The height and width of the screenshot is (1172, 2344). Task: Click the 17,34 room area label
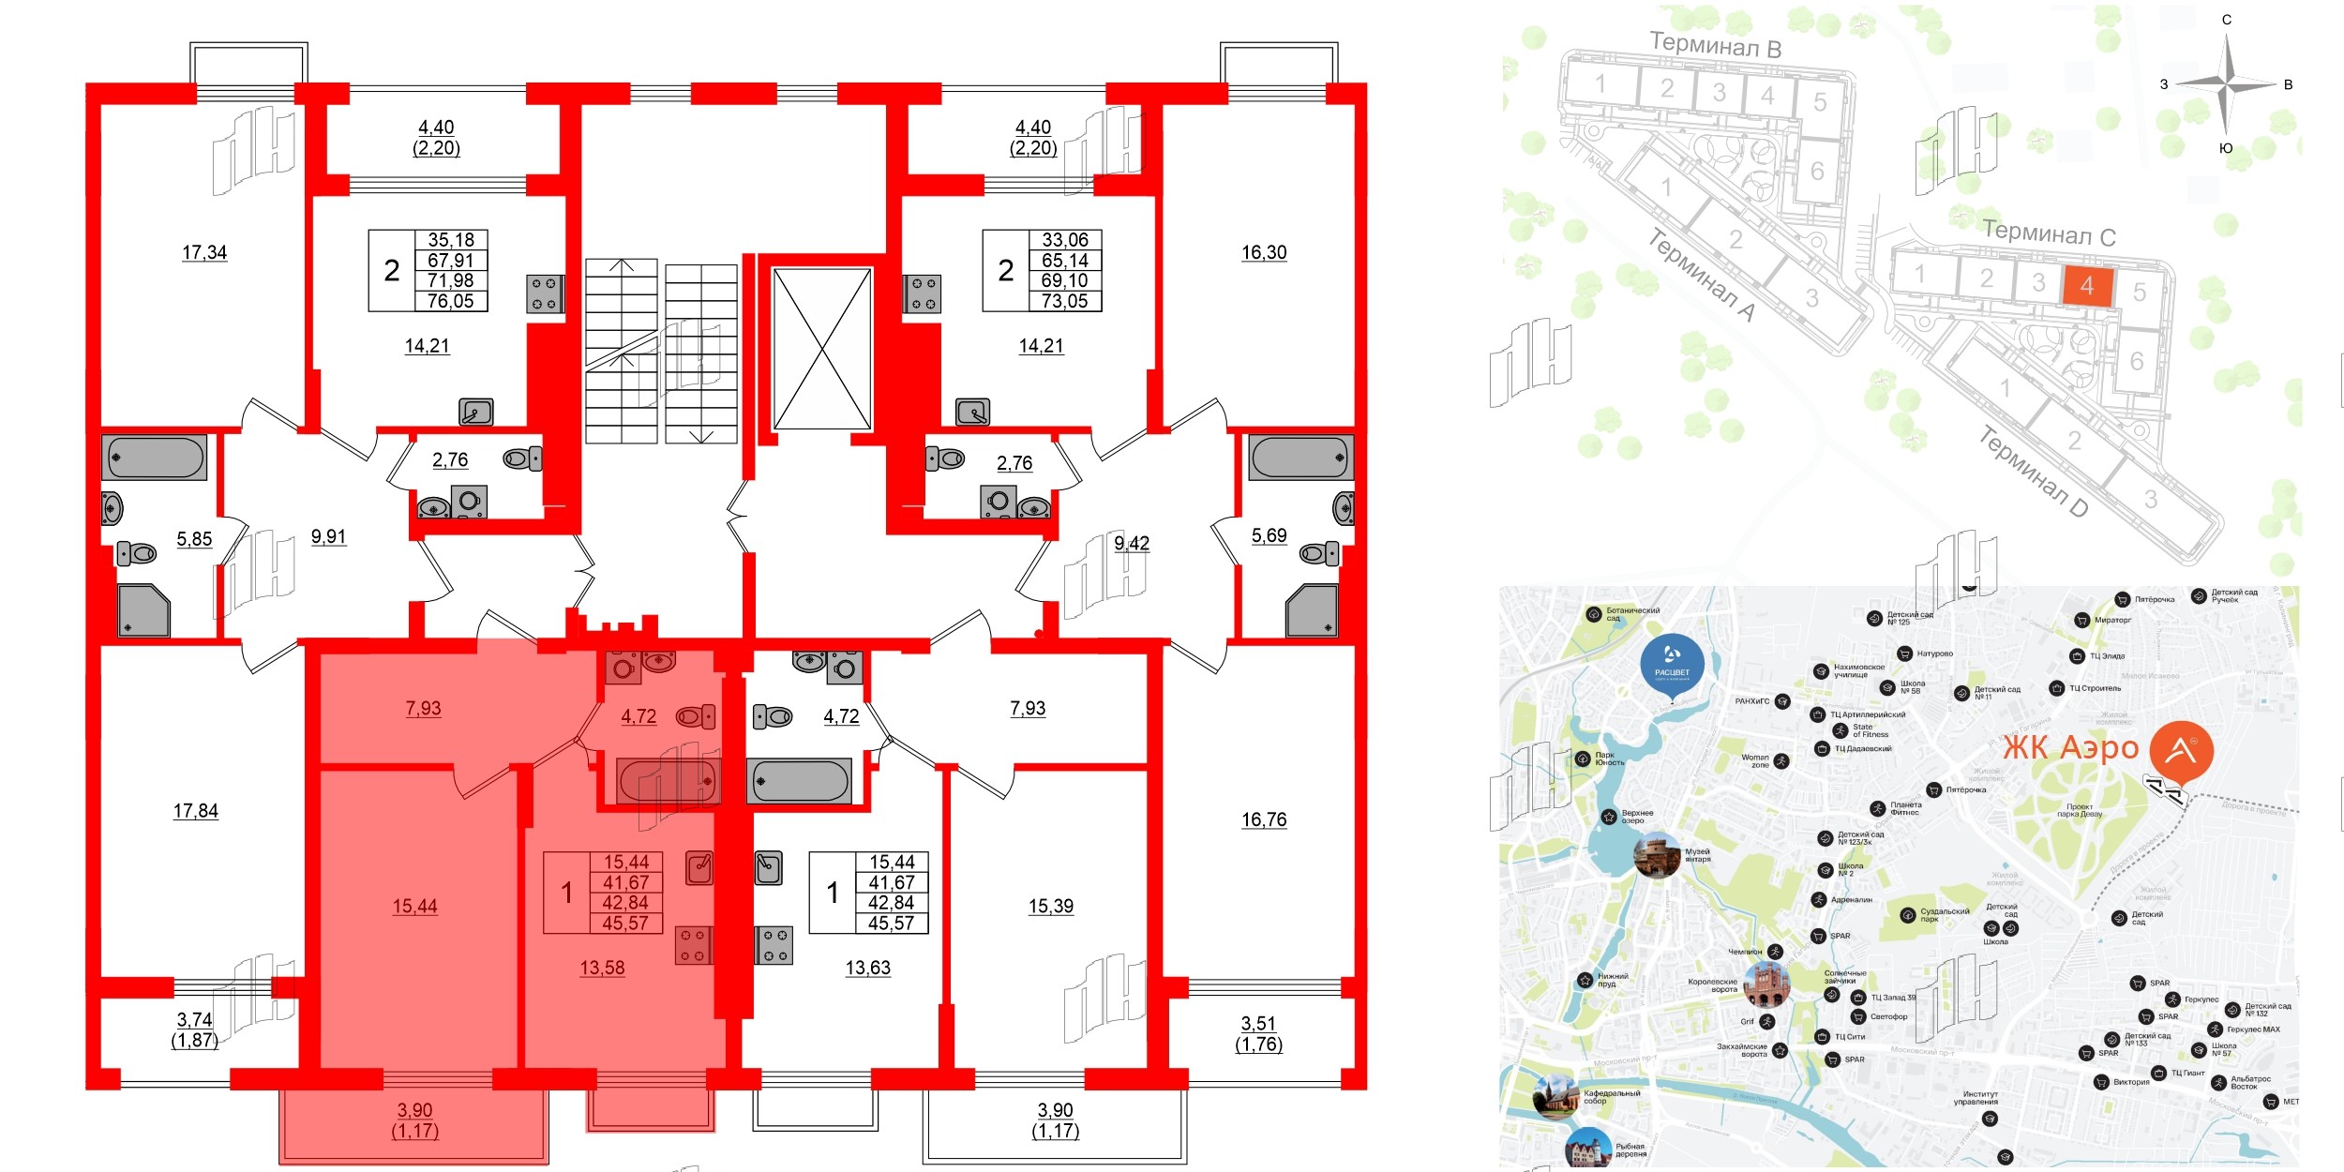[204, 252]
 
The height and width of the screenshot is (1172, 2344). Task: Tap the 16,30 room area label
[1263, 252]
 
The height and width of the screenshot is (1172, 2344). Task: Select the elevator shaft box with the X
[821, 349]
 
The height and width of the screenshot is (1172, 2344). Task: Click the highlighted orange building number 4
[2086, 286]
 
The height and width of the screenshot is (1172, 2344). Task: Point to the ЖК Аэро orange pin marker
[2181, 752]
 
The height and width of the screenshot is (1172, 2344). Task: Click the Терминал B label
[1715, 44]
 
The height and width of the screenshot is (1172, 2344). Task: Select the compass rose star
[2227, 84]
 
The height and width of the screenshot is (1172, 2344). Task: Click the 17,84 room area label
[195, 811]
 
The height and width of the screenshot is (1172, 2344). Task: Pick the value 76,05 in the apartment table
[450, 301]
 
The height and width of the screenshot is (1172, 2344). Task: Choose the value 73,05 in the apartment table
[1064, 301]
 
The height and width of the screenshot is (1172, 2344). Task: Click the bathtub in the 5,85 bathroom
[155, 458]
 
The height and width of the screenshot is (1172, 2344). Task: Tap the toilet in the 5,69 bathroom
[1318, 554]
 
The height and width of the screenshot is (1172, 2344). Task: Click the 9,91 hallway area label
[328, 537]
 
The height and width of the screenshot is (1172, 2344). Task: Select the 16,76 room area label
[1264, 819]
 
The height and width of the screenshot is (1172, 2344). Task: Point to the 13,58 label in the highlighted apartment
[602, 968]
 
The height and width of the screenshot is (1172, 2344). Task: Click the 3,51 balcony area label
[1258, 1024]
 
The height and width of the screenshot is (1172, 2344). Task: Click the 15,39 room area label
[1050, 906]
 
